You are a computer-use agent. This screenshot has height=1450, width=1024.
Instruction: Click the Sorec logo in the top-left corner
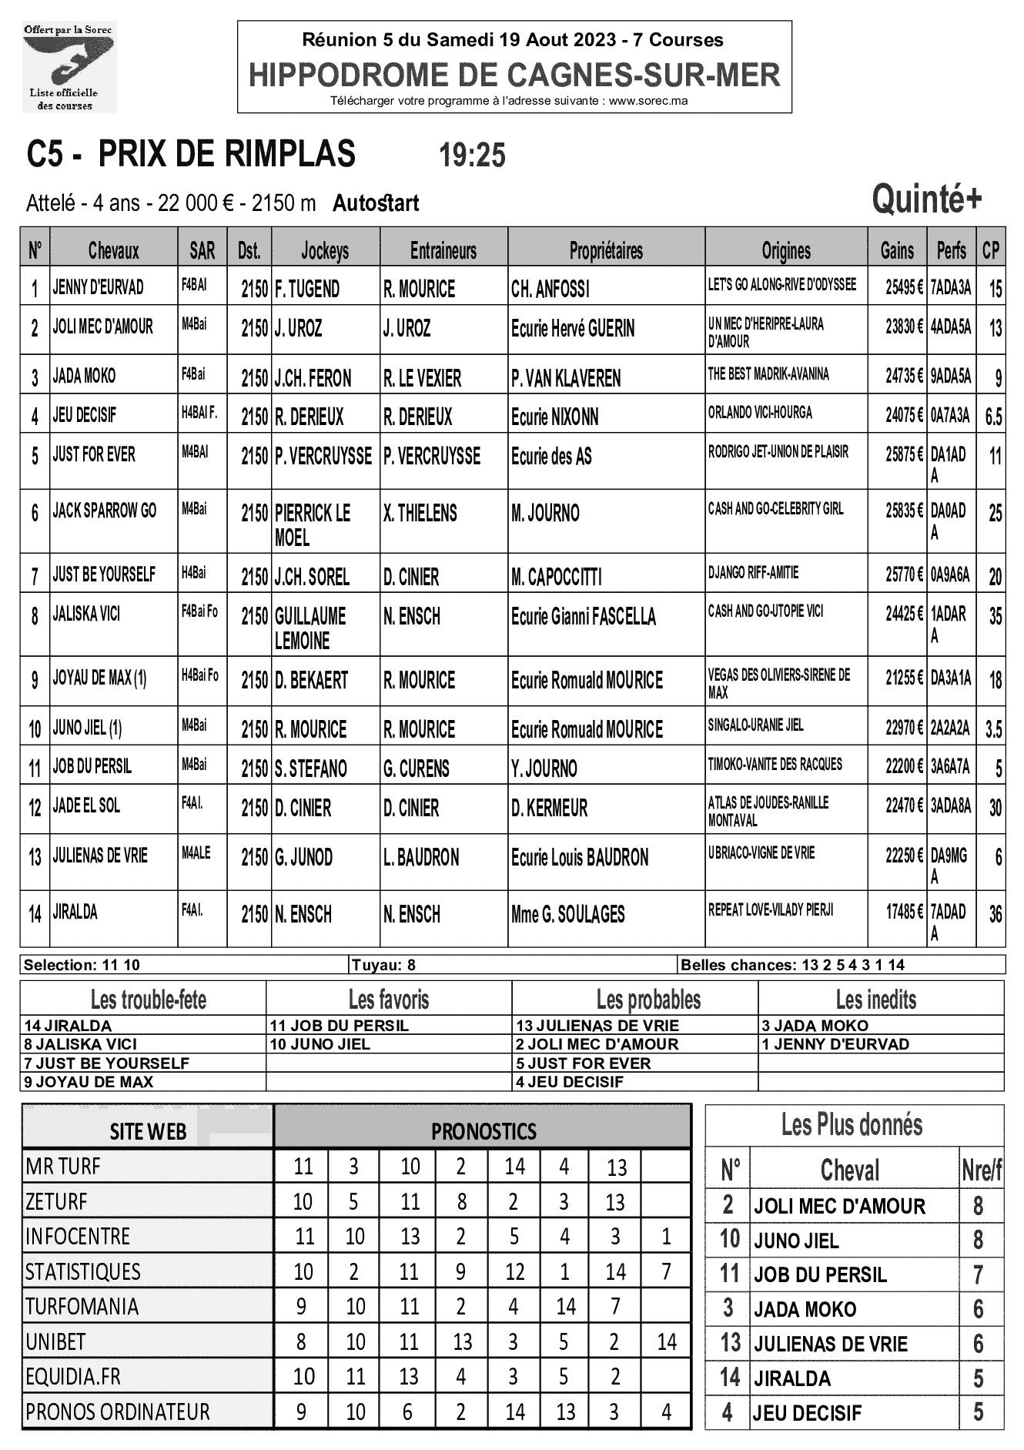tap(69, 67)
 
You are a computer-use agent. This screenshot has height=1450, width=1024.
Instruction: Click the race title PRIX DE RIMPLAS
tap(227, 154)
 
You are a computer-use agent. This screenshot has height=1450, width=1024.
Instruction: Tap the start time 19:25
tap(472, 156)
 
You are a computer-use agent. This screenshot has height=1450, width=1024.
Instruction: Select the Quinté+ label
tap(926, 199)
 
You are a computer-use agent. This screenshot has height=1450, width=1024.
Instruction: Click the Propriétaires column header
tap(606, 250)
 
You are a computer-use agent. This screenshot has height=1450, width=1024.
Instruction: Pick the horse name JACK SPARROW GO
tap(105, 511)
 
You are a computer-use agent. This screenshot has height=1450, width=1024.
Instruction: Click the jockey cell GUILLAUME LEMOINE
tap(311, 628)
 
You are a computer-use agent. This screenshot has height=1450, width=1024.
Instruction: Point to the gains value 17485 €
tap(903, 913)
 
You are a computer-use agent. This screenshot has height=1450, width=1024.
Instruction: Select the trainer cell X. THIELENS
tap(420, 514)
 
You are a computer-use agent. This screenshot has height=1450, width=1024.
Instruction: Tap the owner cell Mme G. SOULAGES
tap(568, 915)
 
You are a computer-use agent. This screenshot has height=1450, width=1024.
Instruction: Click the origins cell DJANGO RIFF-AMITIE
tap(753, 573)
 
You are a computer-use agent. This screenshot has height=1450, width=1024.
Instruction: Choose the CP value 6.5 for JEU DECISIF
tap(993, 417)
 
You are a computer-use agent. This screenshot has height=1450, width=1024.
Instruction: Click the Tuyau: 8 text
tap(383, 965)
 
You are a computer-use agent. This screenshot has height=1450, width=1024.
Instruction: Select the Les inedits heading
tap(876, 1000)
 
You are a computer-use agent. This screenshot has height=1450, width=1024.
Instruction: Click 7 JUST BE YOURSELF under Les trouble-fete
tap(106, 1063)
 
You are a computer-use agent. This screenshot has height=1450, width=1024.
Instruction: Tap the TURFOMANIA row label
tap(82, 1307)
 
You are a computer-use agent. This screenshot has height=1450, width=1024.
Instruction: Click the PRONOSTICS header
tap(484, 1131)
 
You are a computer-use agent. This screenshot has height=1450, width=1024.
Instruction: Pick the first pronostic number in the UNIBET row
tap(301, 1342)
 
